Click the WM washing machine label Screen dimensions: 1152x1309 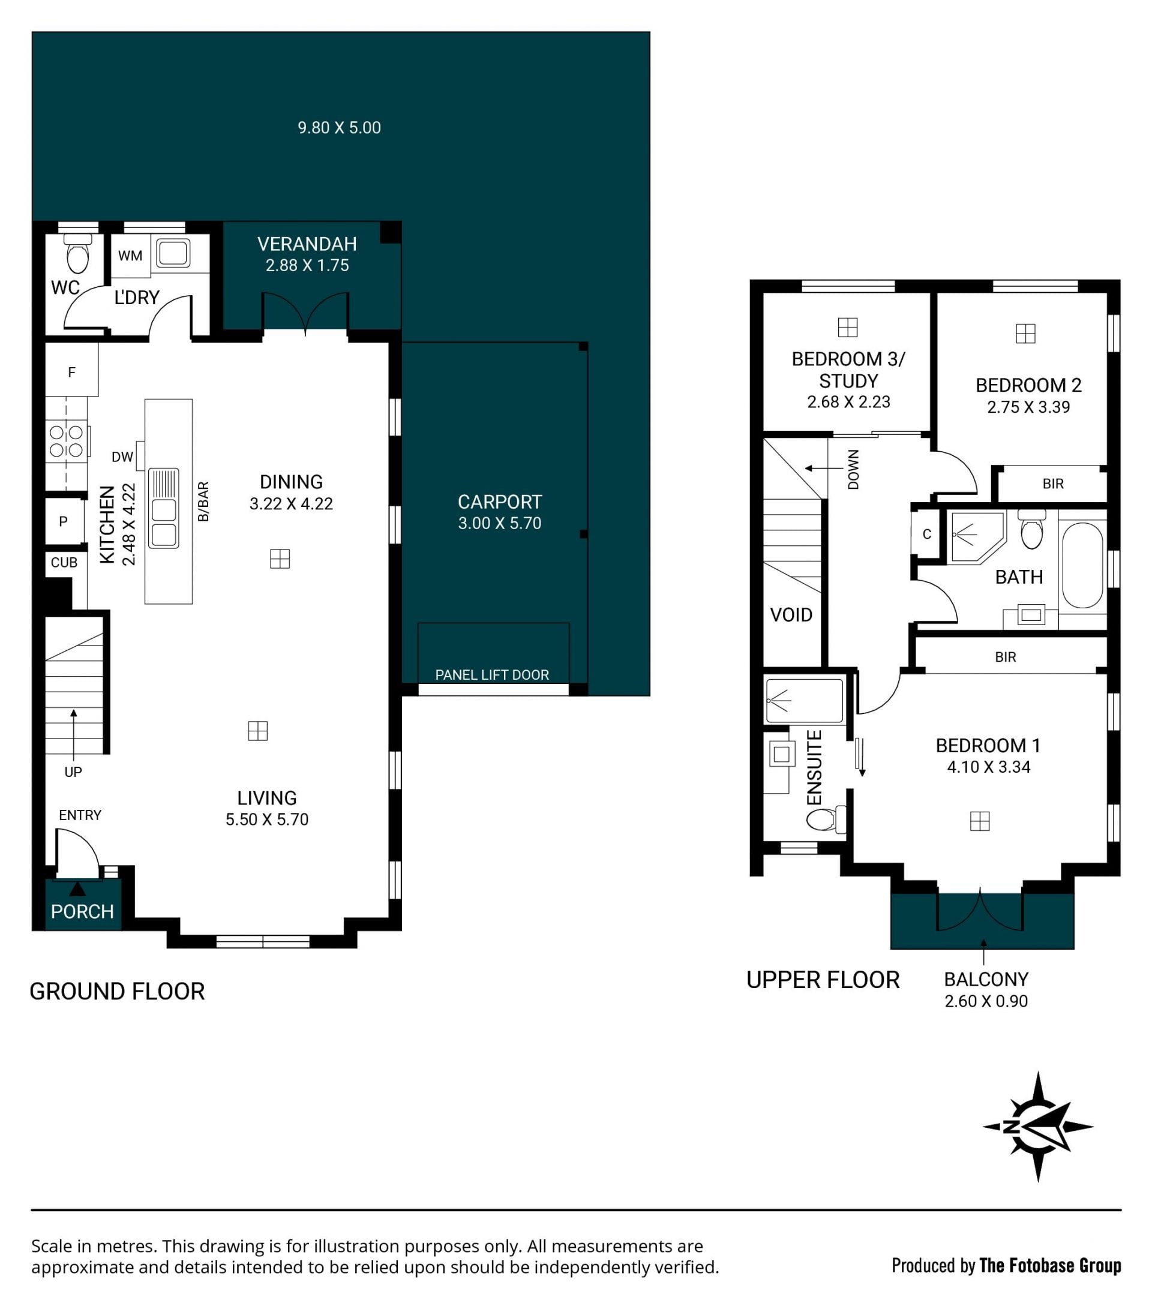(130, 256)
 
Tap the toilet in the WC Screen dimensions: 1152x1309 (78, 254)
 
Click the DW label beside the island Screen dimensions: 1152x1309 (122, 457)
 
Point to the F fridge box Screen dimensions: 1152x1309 (72, 370)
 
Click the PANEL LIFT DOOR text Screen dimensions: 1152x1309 (492, 674)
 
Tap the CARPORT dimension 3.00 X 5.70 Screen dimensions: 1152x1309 (499, 523)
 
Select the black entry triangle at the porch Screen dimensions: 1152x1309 (77, 889)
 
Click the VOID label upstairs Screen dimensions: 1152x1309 (791, 615)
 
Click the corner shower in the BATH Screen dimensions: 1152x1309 (978, 537)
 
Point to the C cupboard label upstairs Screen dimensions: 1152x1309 (926, 534)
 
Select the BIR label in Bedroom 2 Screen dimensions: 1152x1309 (1053, 484)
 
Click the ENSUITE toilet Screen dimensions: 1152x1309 (826, 818)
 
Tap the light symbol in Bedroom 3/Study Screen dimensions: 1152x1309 (847, 328)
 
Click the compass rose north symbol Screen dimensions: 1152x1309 (1037, 1127)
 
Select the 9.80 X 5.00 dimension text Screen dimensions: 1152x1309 (340, 127)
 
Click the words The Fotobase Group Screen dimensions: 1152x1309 (1050, 1265)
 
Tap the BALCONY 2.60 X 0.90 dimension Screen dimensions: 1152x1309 (986, 1001)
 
